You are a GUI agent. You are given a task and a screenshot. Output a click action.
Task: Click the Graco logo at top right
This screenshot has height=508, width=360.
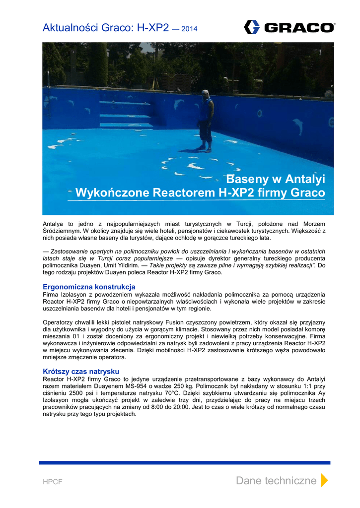point(289,27)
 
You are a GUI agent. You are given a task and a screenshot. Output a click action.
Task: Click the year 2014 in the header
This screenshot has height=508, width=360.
point(189,29)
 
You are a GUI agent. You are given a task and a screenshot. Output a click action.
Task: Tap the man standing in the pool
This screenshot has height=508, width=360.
point(206,121)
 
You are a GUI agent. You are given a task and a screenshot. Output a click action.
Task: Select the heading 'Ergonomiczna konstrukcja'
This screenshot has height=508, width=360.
point(89,287)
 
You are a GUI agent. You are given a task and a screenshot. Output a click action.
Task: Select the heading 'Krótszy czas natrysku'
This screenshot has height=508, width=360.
point(81,372)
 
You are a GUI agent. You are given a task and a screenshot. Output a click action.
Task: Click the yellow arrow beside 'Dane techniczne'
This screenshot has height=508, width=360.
point(324,480)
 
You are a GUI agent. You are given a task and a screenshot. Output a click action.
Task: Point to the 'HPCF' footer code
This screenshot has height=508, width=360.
point(53,482)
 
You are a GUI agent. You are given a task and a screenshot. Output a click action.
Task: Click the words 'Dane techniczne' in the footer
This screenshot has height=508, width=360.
point(276,480)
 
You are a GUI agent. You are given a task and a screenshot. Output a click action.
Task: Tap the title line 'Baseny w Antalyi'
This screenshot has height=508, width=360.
point(276,179)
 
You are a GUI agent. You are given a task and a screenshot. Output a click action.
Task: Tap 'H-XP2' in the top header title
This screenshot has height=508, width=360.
point(153,28)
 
